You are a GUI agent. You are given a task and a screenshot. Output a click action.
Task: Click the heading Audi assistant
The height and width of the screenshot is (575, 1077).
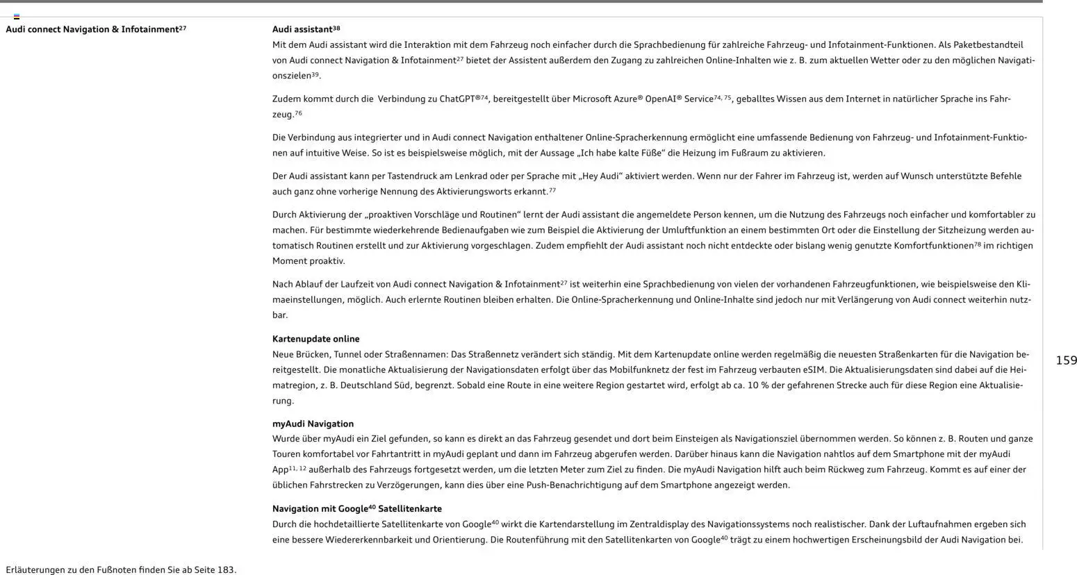302,30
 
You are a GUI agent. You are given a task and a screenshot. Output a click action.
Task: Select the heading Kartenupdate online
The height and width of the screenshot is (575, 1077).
315,339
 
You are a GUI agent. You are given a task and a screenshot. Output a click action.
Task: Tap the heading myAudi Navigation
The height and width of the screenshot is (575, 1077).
313,424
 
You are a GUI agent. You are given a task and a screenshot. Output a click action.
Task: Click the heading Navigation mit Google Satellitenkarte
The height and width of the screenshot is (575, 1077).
356,509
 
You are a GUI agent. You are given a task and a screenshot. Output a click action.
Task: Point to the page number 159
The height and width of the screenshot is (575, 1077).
1066,360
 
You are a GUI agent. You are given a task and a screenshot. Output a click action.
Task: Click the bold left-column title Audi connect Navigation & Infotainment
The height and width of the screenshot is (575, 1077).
92,30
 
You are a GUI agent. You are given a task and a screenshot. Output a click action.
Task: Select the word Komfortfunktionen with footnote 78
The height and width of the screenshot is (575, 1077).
933,246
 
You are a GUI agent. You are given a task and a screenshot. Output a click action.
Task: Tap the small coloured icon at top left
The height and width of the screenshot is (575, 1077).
17,16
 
